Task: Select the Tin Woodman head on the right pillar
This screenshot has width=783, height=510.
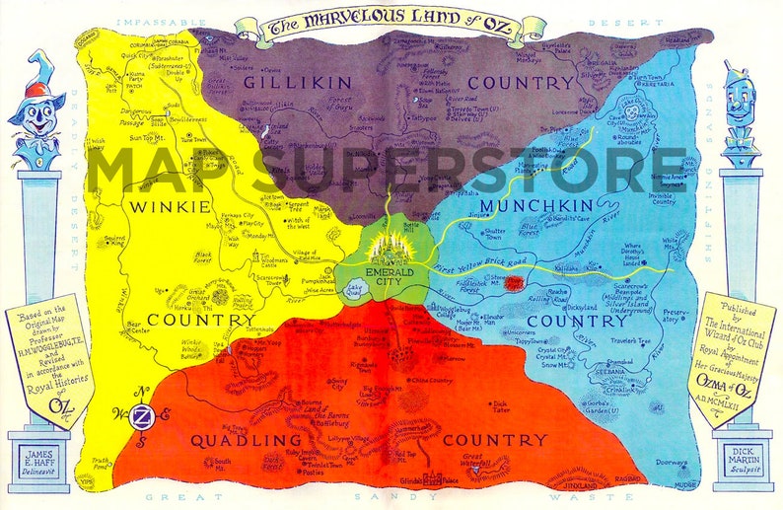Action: click(742, 109)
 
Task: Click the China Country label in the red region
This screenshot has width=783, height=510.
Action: click(430, 378)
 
